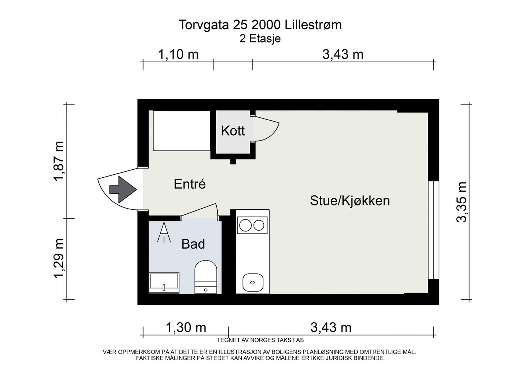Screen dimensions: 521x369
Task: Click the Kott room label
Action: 233,131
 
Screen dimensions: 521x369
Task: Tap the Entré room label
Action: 190,184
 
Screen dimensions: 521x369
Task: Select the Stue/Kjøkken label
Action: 350,201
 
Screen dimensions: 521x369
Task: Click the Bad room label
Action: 193,244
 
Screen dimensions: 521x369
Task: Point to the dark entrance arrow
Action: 123,190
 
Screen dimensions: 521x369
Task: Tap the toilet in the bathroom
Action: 205,277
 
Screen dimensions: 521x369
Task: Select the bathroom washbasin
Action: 164,283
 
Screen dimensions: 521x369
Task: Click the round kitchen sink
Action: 253,283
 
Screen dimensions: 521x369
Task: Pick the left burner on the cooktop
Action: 245,225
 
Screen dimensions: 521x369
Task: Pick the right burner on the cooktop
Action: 259,225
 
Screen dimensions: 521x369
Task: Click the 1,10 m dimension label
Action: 178,54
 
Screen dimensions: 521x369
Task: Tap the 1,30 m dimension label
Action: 186,328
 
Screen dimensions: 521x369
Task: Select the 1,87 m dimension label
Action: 59,161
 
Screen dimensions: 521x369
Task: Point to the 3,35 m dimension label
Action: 461,202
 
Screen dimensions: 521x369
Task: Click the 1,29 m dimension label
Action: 59,259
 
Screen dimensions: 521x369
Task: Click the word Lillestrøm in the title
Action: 313,25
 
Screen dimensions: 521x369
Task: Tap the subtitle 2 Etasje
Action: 260,39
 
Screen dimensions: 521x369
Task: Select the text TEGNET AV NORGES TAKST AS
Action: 260,340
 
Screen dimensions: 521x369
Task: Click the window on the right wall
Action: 434,230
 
